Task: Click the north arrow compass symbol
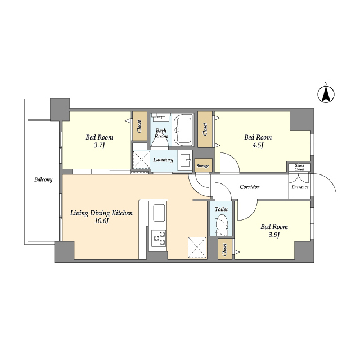[326, 94]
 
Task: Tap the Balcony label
[43, 179]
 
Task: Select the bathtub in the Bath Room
[183, 129]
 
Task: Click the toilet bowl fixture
[222, 224]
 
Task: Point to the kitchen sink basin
[159, 213]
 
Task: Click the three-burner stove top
[159, 238]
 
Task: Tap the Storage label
[202, 166]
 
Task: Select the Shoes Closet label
[300, 167]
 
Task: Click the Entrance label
[300, 187]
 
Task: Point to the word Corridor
[250, 187]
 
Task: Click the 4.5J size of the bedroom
[258, 145]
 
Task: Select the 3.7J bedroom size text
[100, 145]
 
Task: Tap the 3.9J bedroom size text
[274, 235]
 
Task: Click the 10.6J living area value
[101, 221]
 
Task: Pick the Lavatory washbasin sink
[185, 160]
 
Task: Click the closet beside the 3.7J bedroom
[140, 126]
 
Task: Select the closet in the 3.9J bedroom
[225, 250]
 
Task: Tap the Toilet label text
[221, 209]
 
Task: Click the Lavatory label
[163, 160]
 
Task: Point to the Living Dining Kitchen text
[101, 213]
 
